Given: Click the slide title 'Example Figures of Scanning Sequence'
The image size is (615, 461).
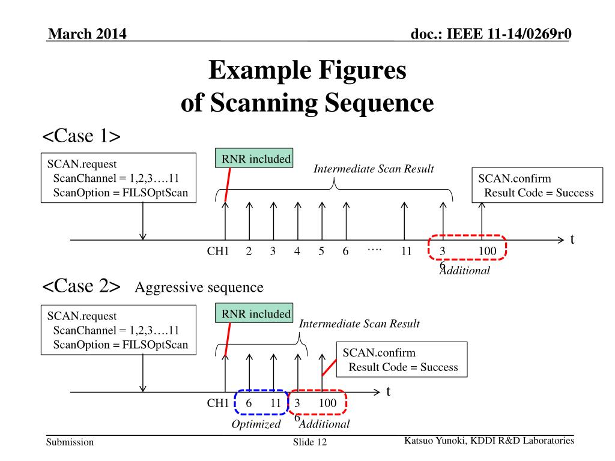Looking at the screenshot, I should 307,87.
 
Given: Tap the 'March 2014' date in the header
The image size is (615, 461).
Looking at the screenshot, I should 87,34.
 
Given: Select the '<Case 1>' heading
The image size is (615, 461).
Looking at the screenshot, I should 82,136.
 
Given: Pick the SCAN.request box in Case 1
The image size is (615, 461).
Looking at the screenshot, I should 119,178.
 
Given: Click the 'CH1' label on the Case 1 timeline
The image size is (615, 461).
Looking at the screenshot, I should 218,252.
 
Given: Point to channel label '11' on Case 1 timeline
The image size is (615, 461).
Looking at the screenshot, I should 406,252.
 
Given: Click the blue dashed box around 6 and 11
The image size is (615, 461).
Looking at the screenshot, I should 261,403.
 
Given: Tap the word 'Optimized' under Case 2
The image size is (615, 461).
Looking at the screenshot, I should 256,424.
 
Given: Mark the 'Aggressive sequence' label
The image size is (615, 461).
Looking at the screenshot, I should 199,288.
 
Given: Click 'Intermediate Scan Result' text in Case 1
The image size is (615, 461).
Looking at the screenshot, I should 373,169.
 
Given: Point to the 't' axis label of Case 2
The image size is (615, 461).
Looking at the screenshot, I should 388,392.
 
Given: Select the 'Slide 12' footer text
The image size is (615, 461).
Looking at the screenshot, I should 309,443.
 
